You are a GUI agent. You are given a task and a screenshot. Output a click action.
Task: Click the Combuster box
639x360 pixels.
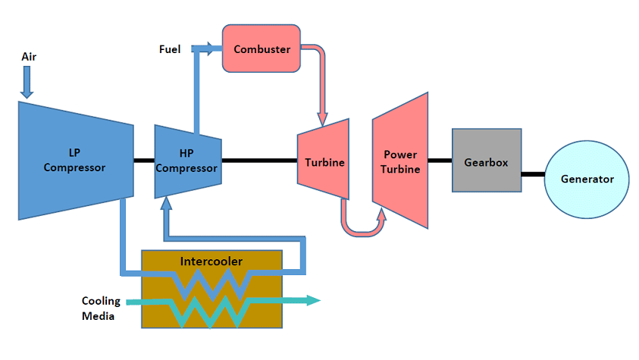coord(262,49)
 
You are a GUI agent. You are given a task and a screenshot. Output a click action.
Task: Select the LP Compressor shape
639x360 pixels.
coord(74,161)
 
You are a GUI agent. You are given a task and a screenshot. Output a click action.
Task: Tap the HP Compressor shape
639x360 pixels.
coord(187,161)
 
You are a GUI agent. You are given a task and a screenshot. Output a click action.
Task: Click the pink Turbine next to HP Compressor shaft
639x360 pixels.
coord(324,161)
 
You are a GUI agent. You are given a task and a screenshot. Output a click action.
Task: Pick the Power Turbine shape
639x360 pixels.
coord(400,161)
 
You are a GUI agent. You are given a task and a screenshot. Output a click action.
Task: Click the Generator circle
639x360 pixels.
coord(587,179)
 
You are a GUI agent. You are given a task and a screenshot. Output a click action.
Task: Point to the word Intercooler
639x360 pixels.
coord(211,261)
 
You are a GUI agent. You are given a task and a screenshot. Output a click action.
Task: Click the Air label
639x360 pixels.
coord(29,56)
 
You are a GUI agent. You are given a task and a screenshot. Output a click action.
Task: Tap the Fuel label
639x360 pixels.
coord(169,50)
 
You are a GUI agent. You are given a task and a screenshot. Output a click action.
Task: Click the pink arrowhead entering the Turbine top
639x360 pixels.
coord(322,118)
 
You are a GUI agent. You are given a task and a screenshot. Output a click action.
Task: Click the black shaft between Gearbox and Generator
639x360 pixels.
coord(533,174)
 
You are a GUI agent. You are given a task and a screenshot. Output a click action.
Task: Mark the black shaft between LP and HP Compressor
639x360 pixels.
coord(144,161)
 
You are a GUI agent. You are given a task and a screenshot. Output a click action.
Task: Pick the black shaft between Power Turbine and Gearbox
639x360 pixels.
coord(440,161)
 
